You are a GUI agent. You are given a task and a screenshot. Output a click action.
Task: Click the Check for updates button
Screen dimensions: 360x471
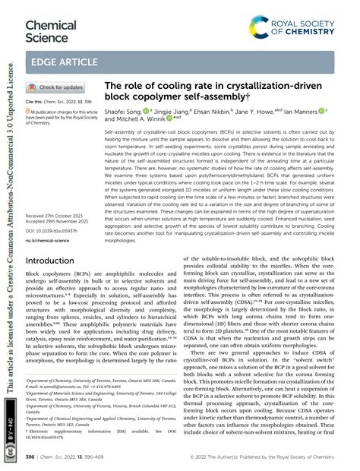coord(58,88)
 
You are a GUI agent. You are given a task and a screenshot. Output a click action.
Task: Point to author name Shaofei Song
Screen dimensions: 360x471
coord(128,111)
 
